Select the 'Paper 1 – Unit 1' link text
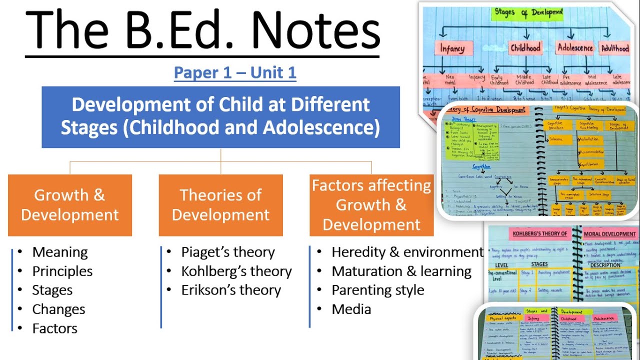[235, 73]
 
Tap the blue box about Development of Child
[220, 117]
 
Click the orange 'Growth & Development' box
[70, 205]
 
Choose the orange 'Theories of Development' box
[220, 205]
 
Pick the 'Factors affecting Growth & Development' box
[371, 205]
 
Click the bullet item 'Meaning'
[60, 252]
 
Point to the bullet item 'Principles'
[62, 271]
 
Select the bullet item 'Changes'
[58, 309]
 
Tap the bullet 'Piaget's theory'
[228, 252]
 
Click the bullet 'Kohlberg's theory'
[236, 271]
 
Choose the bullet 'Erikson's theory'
[231, 290]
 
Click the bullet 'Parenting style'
[378, 290]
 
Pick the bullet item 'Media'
[351, 309]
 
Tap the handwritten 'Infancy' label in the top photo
[452, 48]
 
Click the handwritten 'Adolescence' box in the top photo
[574, 48]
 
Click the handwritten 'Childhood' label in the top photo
[525, 48]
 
